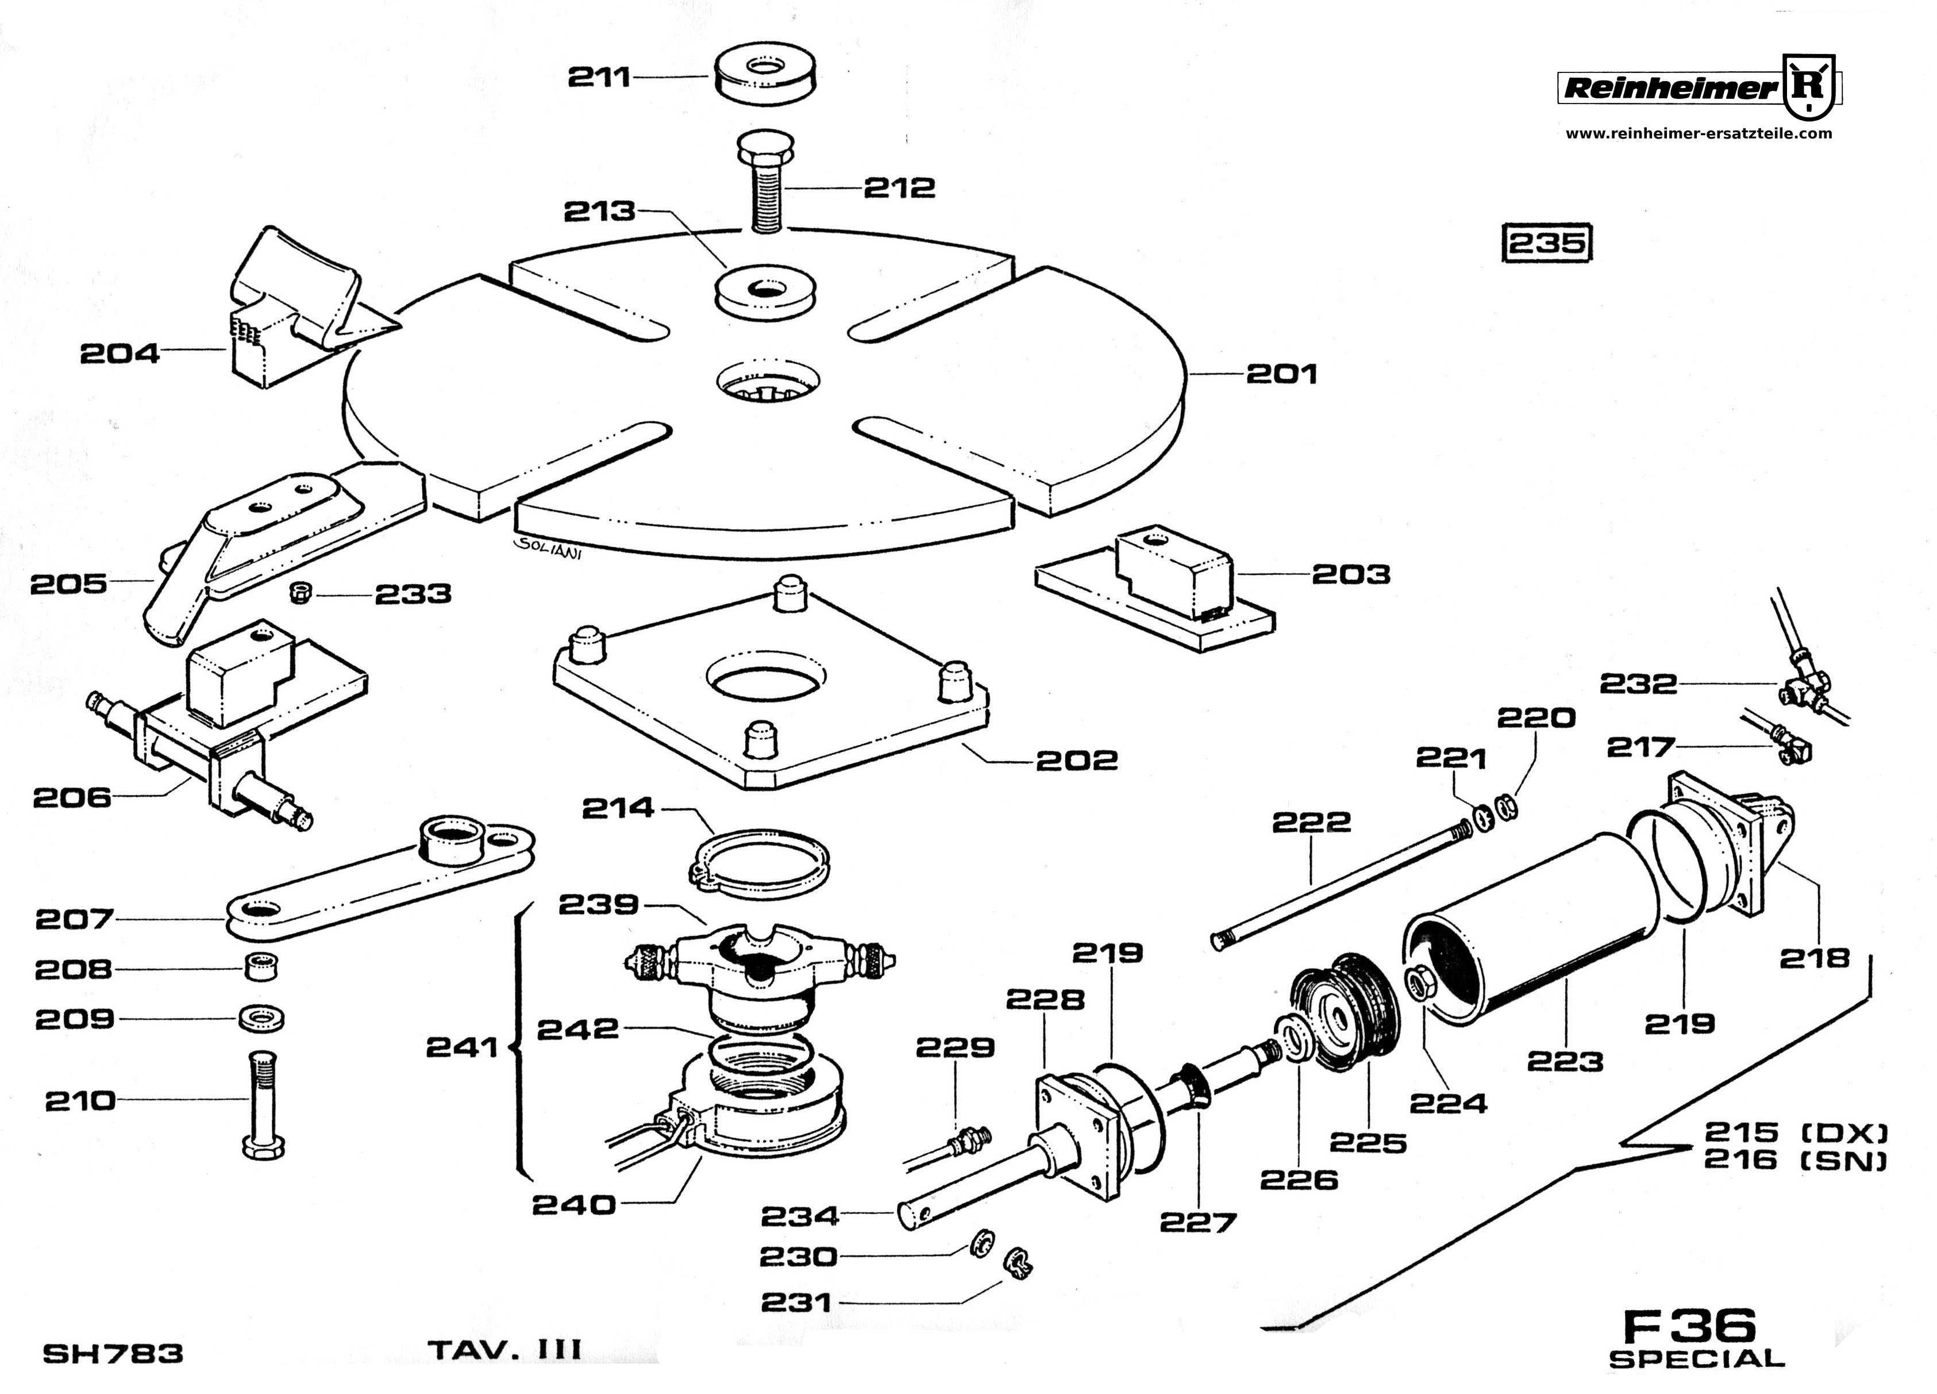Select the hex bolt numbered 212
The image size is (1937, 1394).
point(766,183)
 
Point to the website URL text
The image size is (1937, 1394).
point(1698,133)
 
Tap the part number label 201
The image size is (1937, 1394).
point(1281,374)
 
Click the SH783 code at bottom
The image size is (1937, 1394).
point(112,1353)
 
